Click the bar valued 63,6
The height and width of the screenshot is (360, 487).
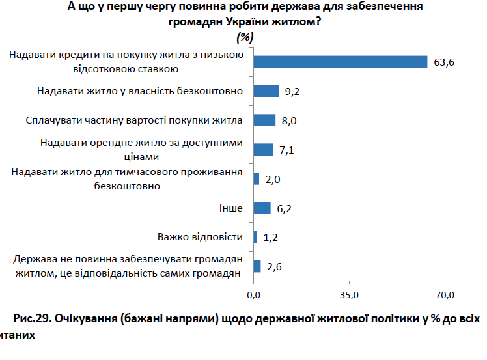340,62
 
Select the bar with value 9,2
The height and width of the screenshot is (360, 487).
266,91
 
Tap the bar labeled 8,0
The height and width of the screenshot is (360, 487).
264,120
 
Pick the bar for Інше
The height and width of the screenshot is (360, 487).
262,208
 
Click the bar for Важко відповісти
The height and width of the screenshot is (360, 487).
255,237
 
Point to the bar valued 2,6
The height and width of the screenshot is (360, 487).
257,266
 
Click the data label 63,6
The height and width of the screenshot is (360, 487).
443,62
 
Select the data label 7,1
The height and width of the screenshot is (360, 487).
287,150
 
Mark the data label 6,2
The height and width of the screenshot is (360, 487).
285,208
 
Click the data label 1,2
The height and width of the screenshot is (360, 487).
271,238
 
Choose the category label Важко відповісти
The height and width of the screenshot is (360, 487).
201,237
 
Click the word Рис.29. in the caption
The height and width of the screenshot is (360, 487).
32,319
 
